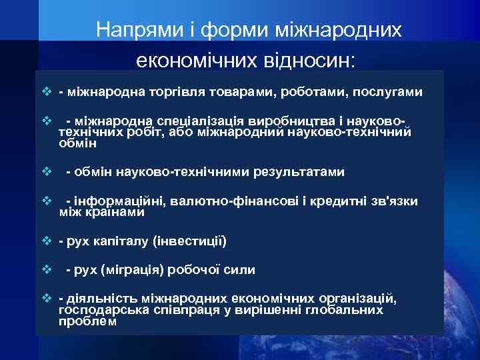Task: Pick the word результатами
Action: (299, 172)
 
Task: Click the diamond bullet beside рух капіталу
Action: (46, 241)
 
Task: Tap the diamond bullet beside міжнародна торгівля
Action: (46, 91)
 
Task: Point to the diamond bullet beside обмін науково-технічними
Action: (46, 172)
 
